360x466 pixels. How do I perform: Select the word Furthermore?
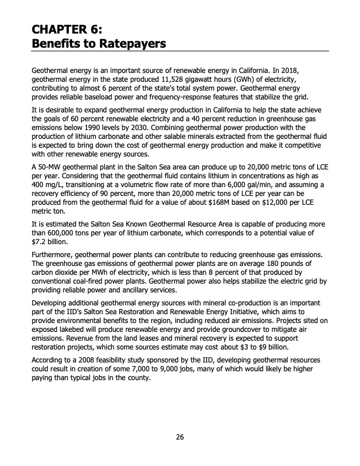[52, 255]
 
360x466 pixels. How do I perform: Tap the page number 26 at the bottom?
[179, 437]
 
